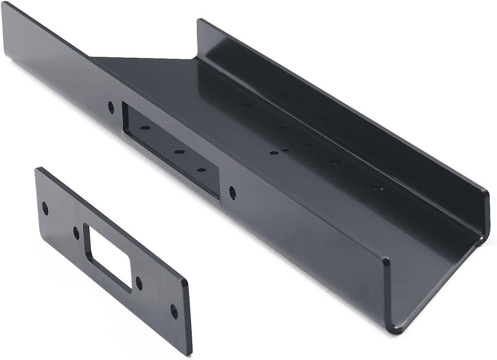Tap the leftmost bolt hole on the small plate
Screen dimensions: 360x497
(x=45, y=208)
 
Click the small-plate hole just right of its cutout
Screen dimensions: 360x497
(x=139, y=283)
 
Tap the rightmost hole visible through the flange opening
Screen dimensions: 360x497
(x=202, y=170)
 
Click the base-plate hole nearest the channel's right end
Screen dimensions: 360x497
(x=376, y=188)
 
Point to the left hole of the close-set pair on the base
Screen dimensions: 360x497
(x=274, y=153)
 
